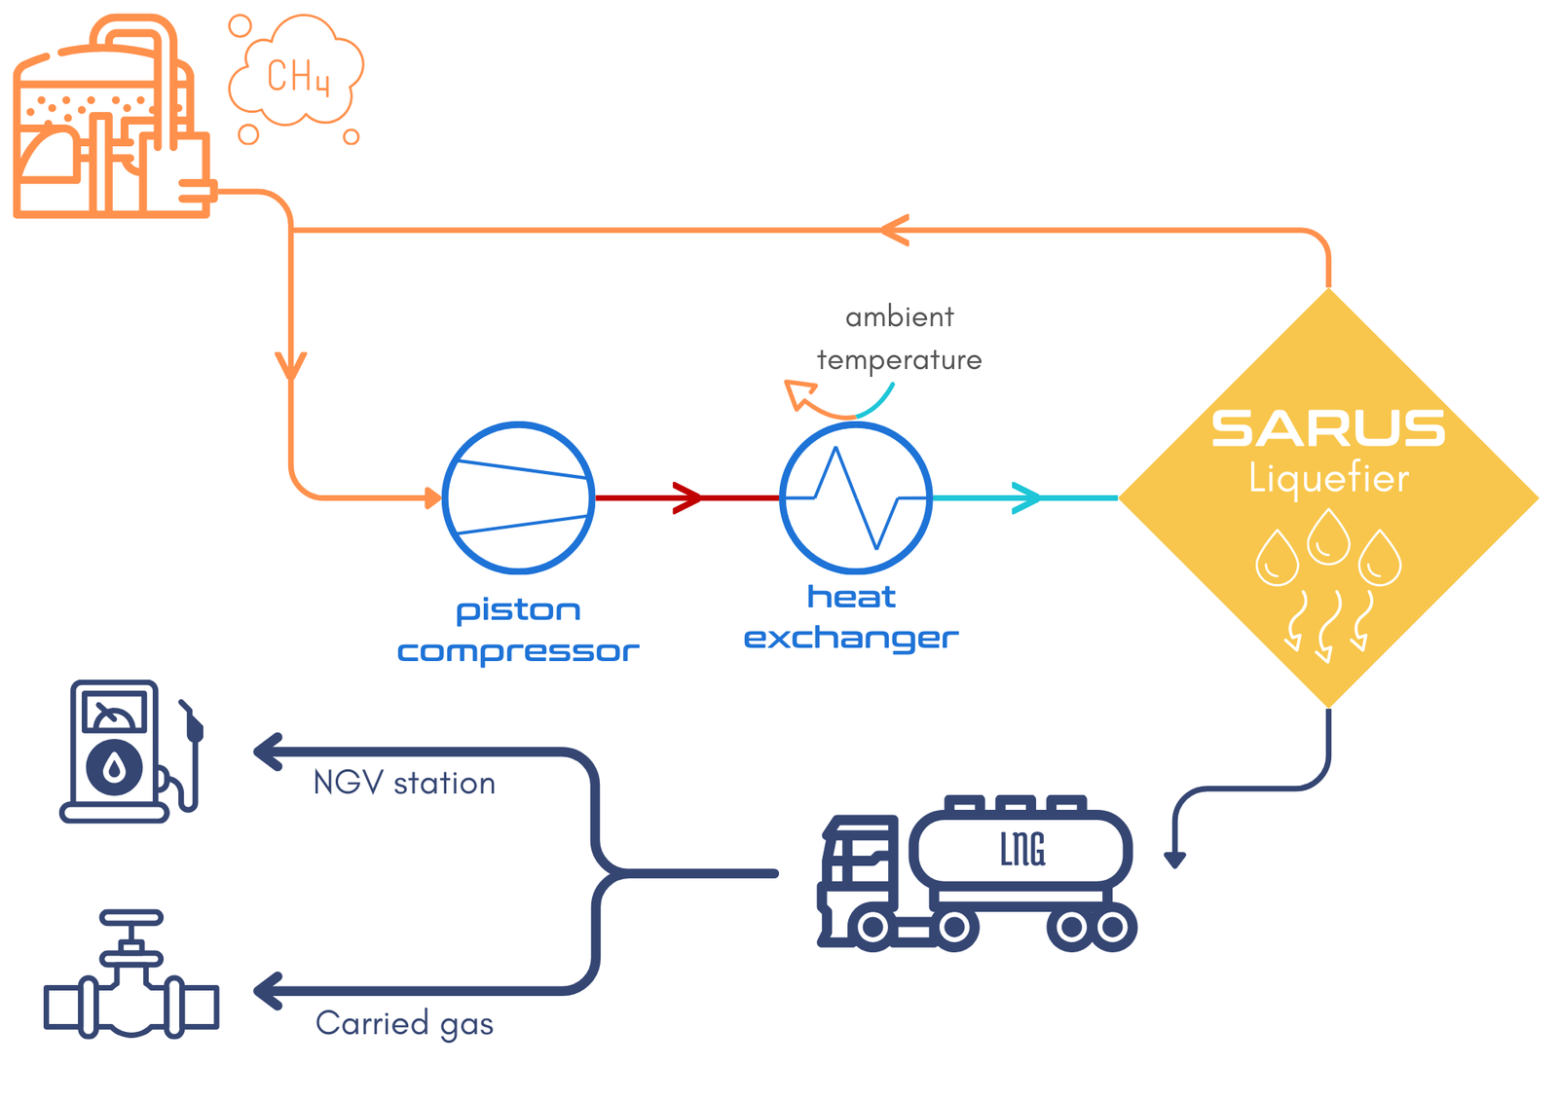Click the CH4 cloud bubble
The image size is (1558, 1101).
point(296,74)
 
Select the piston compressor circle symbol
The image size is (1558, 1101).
point(518,497)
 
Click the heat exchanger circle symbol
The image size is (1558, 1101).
point(855,497)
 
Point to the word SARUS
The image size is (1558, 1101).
point(1328,428)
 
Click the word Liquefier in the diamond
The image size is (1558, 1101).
point(1328,479)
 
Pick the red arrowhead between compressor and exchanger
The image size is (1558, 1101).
point(688,497)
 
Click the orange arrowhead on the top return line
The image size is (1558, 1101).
point(894,231)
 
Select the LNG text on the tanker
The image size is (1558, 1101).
point(1022,849)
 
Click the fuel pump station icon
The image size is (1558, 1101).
point(131,752)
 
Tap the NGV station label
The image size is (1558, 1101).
point(404,784)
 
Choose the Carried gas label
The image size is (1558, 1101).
point(404,1024)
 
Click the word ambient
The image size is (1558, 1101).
point(899,317)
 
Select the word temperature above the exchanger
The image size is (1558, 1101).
point(899,360)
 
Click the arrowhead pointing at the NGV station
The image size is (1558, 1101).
point(268,752)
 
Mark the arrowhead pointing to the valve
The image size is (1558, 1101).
point(268,991)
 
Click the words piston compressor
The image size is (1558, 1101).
point(518,631)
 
